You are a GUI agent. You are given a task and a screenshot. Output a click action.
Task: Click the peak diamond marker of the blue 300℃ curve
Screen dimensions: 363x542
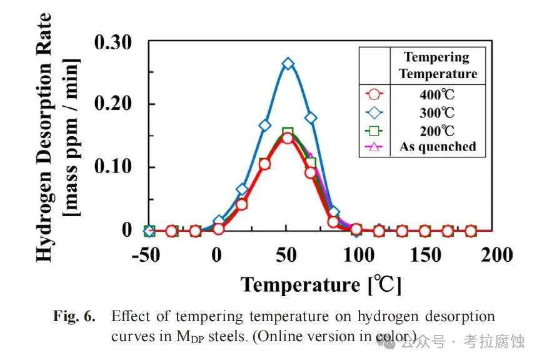288,64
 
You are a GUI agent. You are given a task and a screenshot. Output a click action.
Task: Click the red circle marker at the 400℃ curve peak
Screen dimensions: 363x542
288,137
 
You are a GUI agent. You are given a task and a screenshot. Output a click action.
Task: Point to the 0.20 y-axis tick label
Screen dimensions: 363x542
113,104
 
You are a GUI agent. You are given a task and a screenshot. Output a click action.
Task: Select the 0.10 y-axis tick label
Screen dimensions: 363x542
113,167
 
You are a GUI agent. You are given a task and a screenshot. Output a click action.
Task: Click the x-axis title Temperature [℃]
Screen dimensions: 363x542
321,285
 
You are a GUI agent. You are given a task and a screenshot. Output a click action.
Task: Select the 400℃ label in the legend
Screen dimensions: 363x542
438,96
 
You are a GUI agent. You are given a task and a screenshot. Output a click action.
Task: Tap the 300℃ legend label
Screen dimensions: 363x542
438,113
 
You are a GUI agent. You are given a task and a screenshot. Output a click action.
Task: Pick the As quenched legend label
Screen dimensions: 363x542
438,147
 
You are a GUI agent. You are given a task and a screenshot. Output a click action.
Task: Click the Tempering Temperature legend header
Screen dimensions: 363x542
438,65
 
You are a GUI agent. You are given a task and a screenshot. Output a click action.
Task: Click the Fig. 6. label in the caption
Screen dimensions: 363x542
74,317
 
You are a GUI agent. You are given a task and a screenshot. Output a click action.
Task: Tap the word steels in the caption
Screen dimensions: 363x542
229,337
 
